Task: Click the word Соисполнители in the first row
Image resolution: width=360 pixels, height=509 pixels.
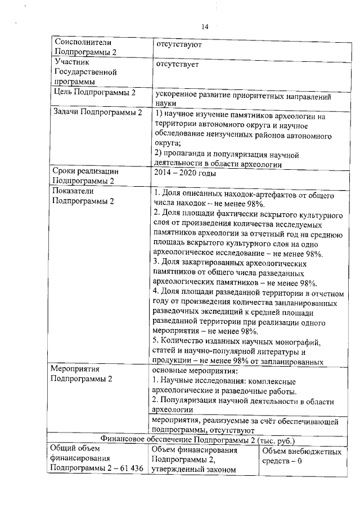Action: click(79, 42)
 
